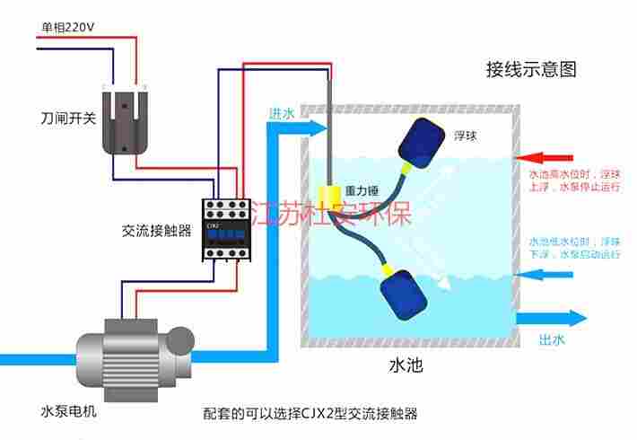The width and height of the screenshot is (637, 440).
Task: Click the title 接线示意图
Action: coord(530,69)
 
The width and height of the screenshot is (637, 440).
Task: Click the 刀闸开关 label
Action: coord(67,119)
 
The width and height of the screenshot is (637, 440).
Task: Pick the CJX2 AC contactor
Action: coord(226,227)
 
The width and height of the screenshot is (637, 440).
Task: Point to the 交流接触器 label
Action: coord(156,230)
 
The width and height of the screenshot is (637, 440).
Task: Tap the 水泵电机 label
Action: coord(68,411)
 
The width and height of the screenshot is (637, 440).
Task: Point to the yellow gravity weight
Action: coord(329,194)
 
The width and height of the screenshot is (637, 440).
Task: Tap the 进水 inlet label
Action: coord(282,114)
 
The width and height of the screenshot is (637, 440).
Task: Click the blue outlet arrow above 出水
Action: coord(550,318)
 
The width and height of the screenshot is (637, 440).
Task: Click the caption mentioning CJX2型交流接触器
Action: coord(310,414)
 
